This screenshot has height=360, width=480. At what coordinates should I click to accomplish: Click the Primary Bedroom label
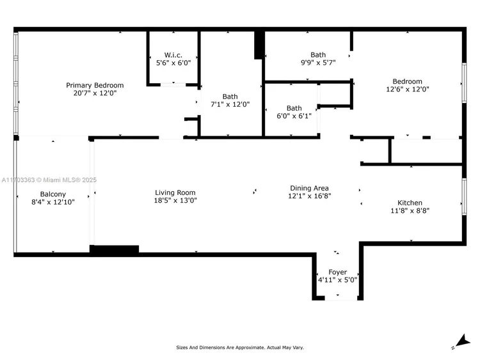pyautogui.click(x=95, y=85)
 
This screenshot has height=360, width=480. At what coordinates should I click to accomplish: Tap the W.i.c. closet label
pyautogui.click(x=173, y=55)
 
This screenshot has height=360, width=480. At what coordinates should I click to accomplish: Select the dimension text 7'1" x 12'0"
pyautogui.click(x=230, y=104)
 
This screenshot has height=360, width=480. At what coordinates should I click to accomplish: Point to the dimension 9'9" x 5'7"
pyautogui.click(x=318, y=63)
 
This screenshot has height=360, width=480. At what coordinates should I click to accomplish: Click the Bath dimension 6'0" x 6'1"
pyautogui.click(x=294, y=116)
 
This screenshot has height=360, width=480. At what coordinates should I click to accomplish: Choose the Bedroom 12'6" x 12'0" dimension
pyautogui.click(x=408, y=90)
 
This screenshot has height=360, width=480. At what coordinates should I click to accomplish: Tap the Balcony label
pyautogui.click(x=53, y=194)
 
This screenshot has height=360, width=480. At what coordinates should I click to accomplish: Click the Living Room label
pyautogui.click(x=175, y=192)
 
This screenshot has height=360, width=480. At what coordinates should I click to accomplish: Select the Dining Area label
pyautogui.click(x=310, y=188)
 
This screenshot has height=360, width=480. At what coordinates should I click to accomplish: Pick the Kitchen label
pyautogui.click(x=410, y=203)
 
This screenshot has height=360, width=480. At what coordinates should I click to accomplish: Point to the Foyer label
pyautogui.click(x=338, y=272)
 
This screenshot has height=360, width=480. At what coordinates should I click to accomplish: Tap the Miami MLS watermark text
pyautogui.click(x=49, y=180)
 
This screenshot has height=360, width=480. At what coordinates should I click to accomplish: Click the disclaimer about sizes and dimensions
pyautogui.click(x=240, y=347)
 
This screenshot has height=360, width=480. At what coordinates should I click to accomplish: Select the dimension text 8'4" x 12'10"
pyautogui.click(x=53, y=202)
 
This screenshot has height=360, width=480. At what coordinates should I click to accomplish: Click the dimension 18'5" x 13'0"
pyautogui.click(x=175, y=201)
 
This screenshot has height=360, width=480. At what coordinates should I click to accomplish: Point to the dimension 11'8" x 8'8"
pyautogui.click(x=410, y=211)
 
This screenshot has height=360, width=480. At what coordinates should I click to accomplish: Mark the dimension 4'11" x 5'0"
pyautogui.click(x=338, y=280)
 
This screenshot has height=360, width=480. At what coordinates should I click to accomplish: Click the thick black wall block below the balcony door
pyautogui.click(x=114, y=249)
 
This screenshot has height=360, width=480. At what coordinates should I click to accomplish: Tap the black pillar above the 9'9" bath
pyautogui.click(x=259, y=44)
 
